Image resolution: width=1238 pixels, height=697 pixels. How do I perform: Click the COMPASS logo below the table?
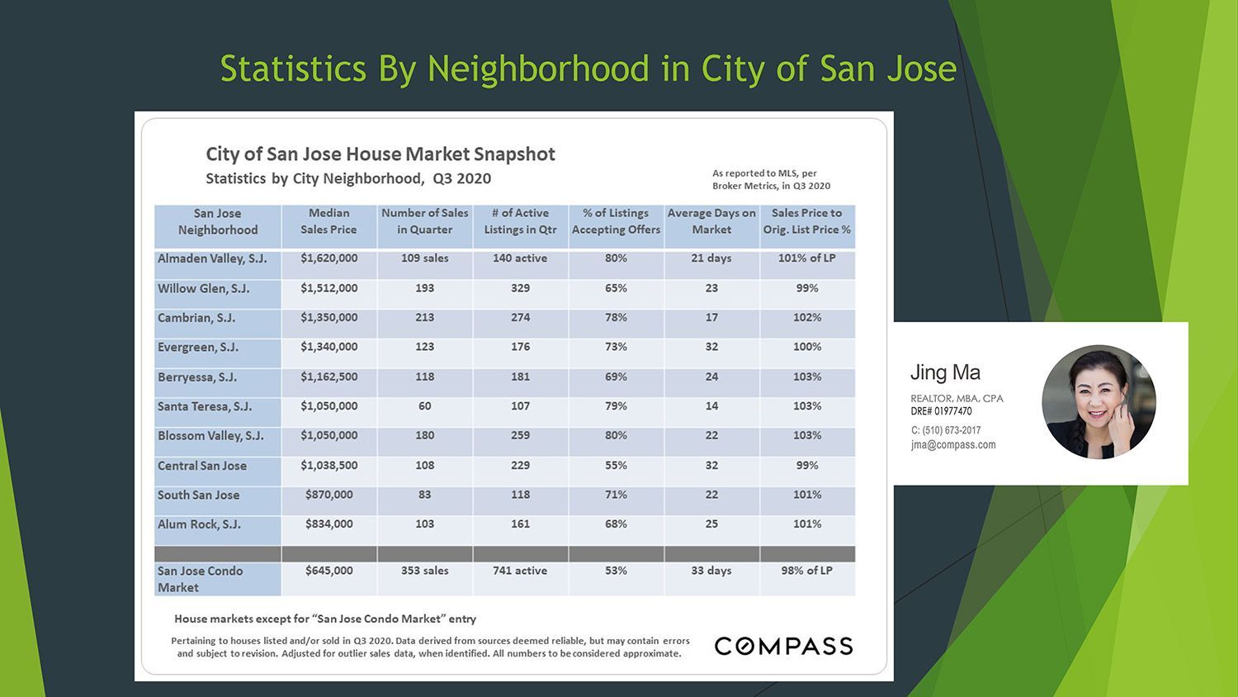[x=784, y=646]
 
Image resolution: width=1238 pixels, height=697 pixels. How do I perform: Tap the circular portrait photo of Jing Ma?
[x=1099, y=402]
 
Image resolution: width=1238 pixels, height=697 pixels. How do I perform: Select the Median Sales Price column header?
[x=328, y=221]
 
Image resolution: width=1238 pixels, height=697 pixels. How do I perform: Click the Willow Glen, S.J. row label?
[x=203, y=288]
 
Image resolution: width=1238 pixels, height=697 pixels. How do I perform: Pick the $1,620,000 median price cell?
[x=328, y=258]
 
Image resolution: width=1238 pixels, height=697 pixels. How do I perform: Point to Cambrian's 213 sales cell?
[x=424, y=317]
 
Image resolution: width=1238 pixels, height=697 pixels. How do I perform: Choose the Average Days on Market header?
[x=711, y=221]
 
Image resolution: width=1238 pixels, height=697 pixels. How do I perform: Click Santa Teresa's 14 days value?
[x=711, y=406]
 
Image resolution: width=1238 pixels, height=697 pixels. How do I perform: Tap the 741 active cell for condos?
[x=520, y=571]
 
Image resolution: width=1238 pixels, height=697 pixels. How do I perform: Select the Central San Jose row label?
[x=202, y=466]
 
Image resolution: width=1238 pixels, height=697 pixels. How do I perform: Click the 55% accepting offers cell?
[x=616, y=465]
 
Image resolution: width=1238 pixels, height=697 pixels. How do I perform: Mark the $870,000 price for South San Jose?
[x=328, y=495]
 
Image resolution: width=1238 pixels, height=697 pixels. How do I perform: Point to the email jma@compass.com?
[x=953, y=445]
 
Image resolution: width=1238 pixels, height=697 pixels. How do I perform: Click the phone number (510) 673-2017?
[x=946, y=429]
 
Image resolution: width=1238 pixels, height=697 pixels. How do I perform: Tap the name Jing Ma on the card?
[x=945, y=372]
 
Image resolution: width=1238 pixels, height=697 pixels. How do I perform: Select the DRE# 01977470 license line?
[x=941, y=411]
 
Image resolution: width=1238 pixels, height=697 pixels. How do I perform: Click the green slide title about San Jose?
[x=588, y=69]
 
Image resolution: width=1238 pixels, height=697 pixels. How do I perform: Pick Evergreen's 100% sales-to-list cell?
[x=807, y=347]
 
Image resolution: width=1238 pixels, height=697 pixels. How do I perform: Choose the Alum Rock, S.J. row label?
[x=199, y=524]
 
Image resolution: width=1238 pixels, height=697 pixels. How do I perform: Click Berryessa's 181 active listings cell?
[x=520, y=377]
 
